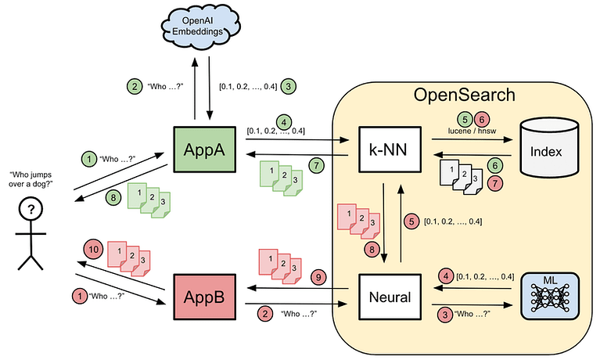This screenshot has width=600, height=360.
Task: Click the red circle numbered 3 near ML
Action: coord(445,314)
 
